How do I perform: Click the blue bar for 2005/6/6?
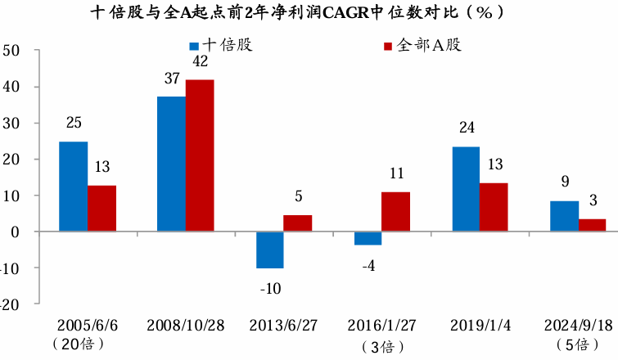[x=73, y=187]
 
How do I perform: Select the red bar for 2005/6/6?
[x=101, y=209]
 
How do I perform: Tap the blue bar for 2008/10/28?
[x=171, y=164]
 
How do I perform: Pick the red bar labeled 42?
[x=200, y=155]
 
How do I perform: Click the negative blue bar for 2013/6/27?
[x=269, y=250]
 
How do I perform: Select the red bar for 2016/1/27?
[x=396, y=212]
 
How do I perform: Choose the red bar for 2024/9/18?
[x=592, y=226]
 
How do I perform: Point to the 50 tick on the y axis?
[x=11, y=51]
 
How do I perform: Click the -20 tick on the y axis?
[x=10, y=304]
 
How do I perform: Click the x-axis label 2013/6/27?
[x=283, y=325]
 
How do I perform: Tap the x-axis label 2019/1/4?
[x=480, y=325]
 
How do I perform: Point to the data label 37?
[x=171, y=79]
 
